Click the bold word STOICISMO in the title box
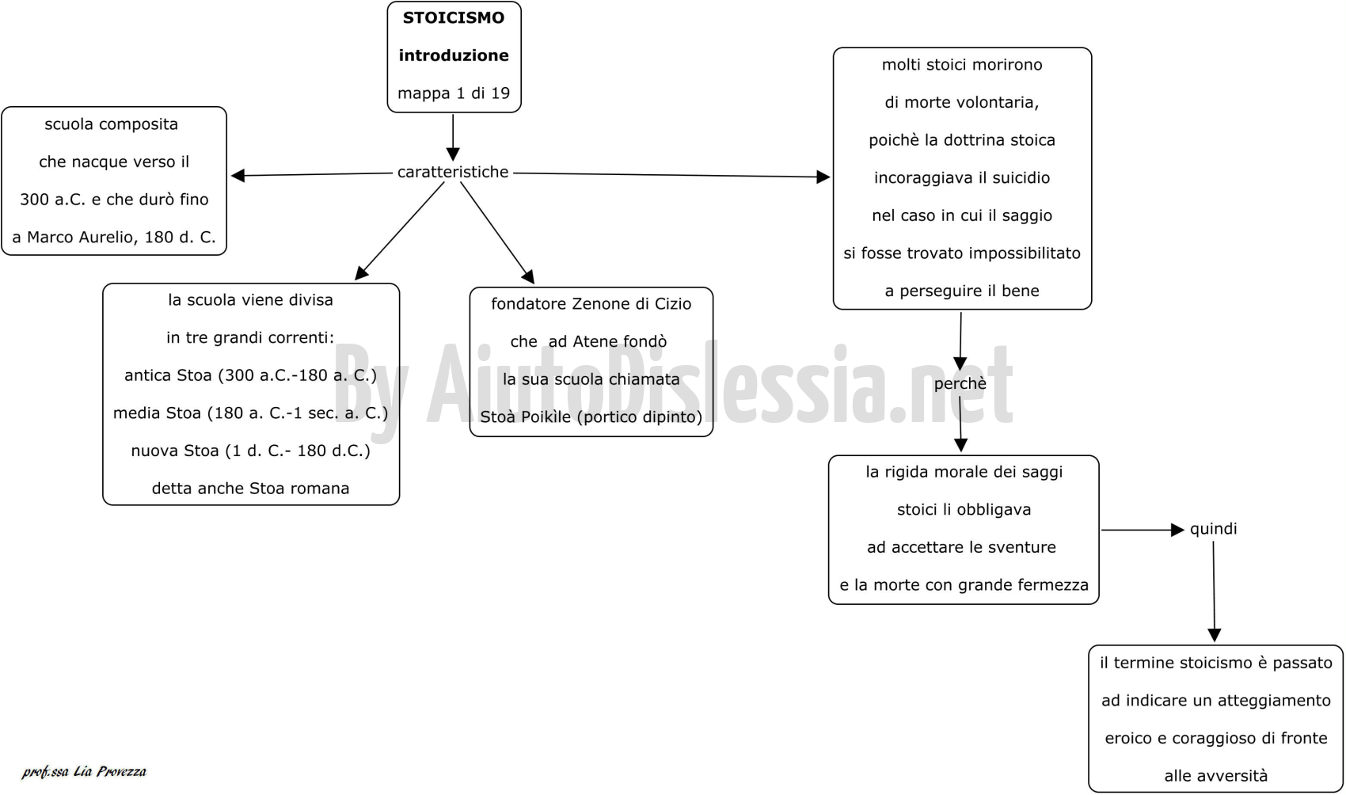[454, 18]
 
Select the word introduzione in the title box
[454, 55]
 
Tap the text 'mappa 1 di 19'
[454, 93]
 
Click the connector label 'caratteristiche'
[453, 172]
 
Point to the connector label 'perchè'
[960, 384]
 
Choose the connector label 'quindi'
[1213, 529]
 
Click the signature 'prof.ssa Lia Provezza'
[84, 772]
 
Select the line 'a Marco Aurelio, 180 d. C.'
[114, 238]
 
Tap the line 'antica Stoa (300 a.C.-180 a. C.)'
[250, 375]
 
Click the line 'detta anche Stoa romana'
[250, 489]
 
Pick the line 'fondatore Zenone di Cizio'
[591, 304]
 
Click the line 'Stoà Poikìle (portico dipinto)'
[591, 417]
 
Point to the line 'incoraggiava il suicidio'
[962, 178]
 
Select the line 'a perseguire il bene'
[962, 291]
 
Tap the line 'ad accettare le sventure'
[961, 547]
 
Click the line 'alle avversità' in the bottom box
[1216, 776]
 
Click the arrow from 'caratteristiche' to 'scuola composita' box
[312, 174]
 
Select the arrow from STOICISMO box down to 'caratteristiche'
[453, 138]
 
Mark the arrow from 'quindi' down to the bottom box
[1214, 591]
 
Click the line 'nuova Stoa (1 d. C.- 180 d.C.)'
[250, 451]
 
